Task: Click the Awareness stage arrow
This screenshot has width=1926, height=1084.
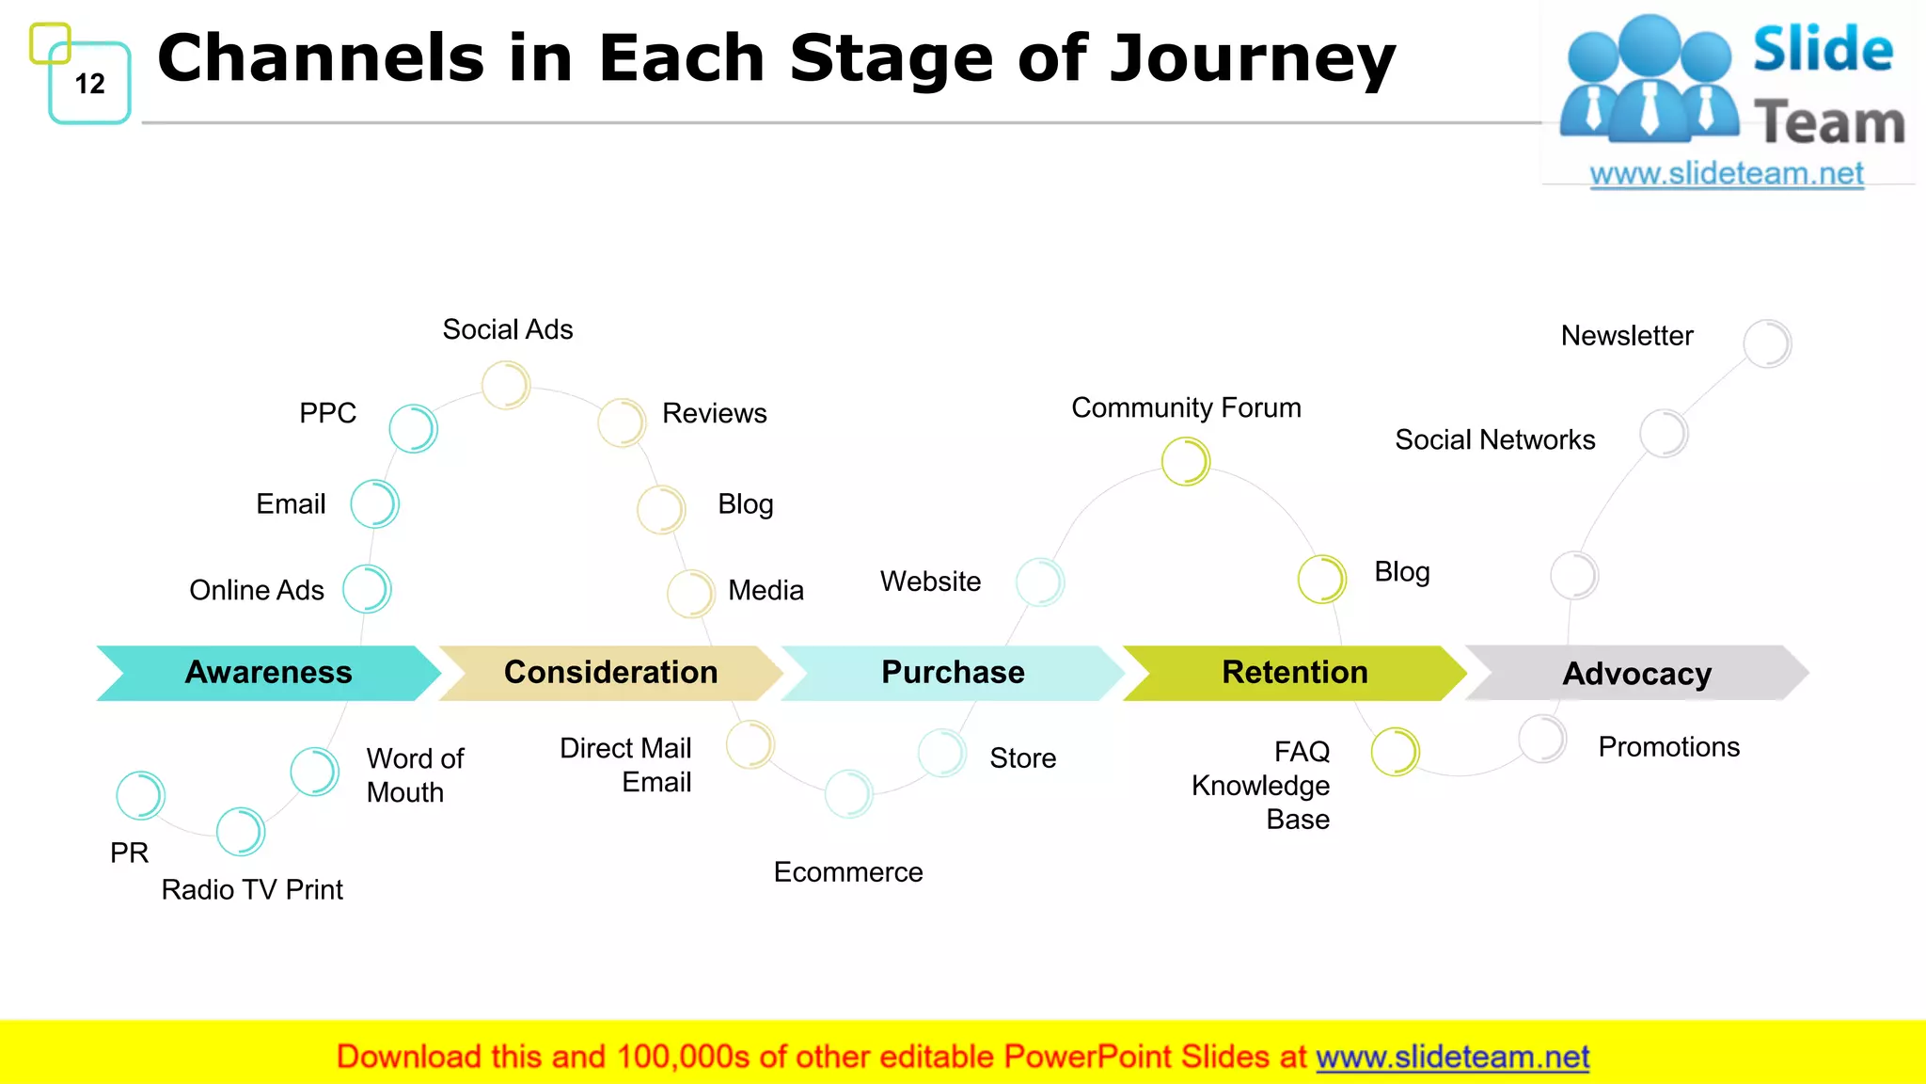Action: tap(268, 673)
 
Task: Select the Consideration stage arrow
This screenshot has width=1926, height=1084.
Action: tap(610, 673)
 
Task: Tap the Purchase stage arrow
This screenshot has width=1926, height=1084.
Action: tap(953, 673)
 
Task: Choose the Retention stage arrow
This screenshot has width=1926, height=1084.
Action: tap(1294, 673)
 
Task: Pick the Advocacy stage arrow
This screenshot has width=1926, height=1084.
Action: tap(1636, 674)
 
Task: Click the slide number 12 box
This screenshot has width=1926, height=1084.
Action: tap(90, 84)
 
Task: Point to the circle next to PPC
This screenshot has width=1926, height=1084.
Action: tap(414, 429)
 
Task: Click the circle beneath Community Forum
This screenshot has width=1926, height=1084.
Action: tap(1185, 462)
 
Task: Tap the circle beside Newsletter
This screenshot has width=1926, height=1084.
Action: tap(1767, 343)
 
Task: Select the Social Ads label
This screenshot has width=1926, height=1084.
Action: tap(508, 330)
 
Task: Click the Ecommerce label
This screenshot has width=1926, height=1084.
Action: tap(848, 872)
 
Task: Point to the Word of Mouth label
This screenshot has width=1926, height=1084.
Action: tap(415, 775)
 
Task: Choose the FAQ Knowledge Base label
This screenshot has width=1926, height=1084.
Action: tap(1261, 786)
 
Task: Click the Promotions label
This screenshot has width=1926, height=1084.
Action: tap(1669, 747)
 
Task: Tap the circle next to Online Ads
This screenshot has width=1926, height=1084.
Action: tap(367, 589)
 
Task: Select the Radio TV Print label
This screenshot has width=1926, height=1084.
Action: tap(252, 890)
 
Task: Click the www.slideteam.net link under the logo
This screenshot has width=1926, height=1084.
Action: tap(1727, 174)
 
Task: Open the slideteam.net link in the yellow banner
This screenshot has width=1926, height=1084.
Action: tap(1452, 1058)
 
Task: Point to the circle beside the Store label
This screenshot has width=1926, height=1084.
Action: tap(941, 753)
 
